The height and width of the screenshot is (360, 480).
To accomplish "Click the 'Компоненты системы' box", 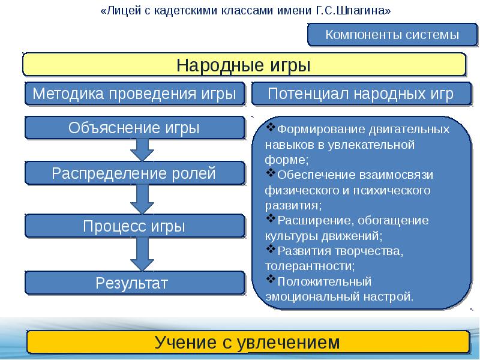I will (392, 35).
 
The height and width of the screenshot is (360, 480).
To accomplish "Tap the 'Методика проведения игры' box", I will (134, 94).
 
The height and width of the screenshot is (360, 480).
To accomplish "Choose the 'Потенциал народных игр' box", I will (361, 94).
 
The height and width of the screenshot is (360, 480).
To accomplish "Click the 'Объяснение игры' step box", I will (134, 128).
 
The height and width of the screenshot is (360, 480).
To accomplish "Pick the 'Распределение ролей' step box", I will (134, 174).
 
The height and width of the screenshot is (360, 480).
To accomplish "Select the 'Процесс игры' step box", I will (134, 226).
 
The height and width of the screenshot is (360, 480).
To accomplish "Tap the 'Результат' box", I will (134, 283).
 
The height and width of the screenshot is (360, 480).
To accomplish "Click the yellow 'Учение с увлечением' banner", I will (247, 343).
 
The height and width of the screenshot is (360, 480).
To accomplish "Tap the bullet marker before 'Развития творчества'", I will (269, 248).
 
